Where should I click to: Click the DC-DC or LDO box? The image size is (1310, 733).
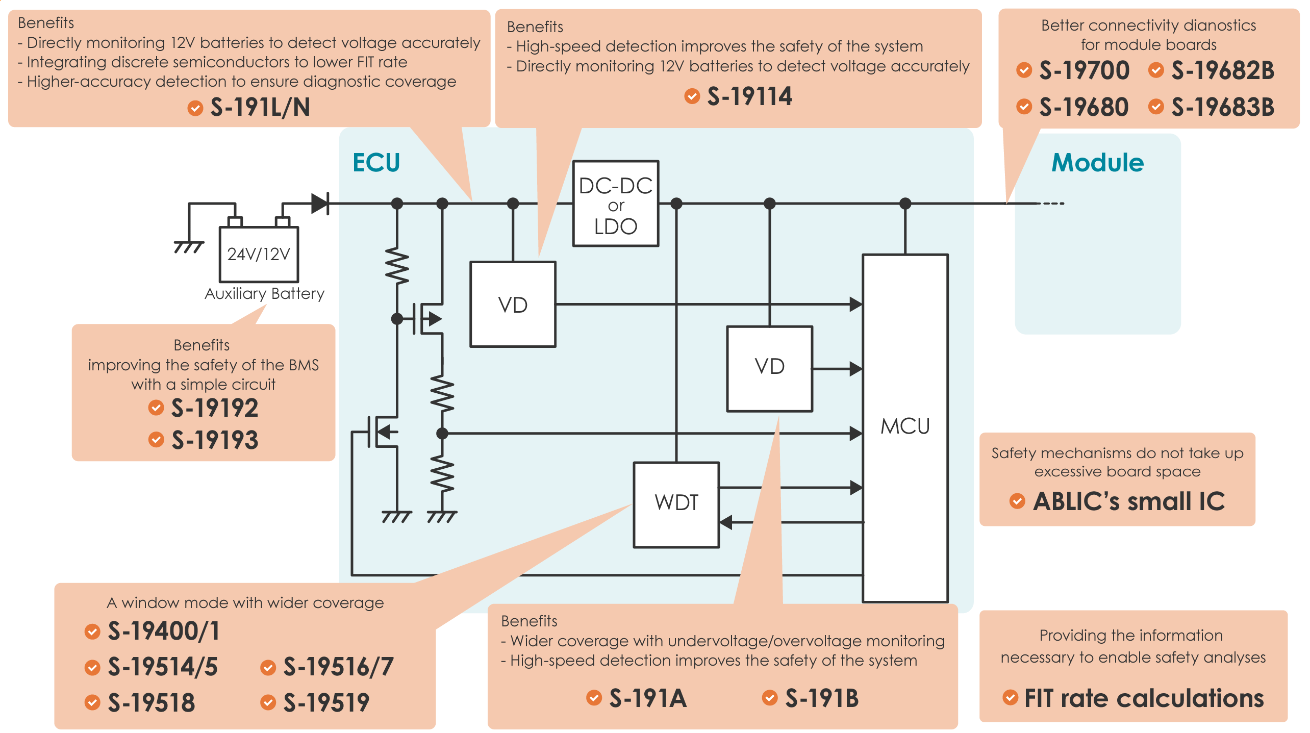click(615, 204)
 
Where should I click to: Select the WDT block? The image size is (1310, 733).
click(676, 504)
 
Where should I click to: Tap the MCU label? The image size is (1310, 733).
click(905, 426)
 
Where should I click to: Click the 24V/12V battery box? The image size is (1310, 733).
click(259, 254)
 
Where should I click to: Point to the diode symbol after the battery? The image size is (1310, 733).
click(320, 204)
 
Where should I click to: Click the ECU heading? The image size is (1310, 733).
click(376, 163)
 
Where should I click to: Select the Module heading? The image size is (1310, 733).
click(1097, 163)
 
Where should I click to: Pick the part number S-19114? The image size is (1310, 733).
click(749, 96)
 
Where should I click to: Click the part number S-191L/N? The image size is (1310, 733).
click(260, 108)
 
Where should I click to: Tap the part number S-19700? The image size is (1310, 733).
click(1084, 70)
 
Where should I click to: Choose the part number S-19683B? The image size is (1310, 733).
click(1222, 107)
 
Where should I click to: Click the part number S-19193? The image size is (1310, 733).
click(215, 440)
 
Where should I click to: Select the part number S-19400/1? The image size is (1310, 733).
click(164, 631)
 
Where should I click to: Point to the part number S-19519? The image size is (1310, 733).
click(326, 702)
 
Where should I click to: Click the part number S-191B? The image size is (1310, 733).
click(822, 698)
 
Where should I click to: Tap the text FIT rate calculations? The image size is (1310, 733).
click(1144, 698)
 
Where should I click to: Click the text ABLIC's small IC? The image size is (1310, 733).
click(1128, 501)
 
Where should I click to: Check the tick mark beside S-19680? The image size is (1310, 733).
click(1023, 107)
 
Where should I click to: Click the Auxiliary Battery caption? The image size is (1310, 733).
click(264, 294)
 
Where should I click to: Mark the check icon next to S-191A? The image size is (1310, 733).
click(594, 697)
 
